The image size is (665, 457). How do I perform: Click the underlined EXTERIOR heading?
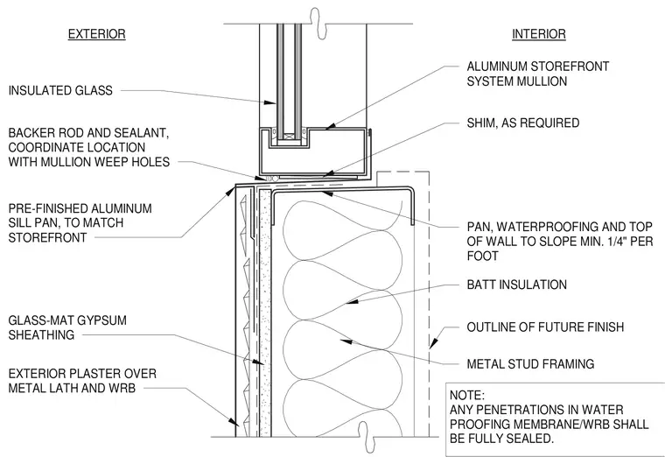[97, 34]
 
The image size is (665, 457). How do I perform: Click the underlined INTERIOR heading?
[539, 34]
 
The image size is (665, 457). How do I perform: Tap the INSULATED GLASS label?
[60, 90]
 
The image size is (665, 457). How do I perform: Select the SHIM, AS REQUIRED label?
[523, 123]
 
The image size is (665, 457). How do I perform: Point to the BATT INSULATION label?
[516, 285]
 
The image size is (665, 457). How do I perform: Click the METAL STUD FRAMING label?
[530, 363]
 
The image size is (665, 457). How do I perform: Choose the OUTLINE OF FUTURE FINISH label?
[545, 327]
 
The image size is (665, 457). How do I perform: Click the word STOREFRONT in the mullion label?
[570, 67]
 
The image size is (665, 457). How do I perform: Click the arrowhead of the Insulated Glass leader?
[269, 102]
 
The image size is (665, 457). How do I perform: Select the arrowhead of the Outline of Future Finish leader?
[432, 343]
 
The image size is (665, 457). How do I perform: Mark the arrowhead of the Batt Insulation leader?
[352, 301]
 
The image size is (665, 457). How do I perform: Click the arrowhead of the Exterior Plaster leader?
[234, 421]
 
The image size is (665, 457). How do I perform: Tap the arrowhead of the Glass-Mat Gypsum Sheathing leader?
[257, 362]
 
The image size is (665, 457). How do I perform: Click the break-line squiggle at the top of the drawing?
[315, 23]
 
